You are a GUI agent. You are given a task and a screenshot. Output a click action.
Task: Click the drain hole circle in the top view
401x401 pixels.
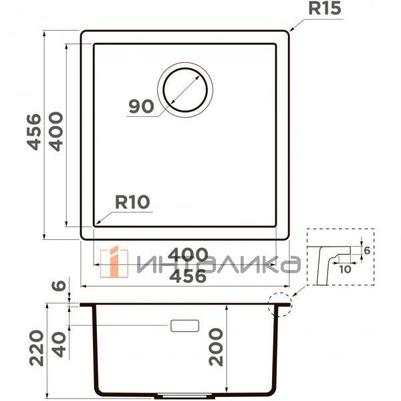185,90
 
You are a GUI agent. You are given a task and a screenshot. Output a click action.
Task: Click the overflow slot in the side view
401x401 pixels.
185,325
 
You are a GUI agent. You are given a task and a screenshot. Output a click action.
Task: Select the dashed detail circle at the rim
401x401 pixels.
279,304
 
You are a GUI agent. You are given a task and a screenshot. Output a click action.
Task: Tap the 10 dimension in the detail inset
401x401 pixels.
345,269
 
